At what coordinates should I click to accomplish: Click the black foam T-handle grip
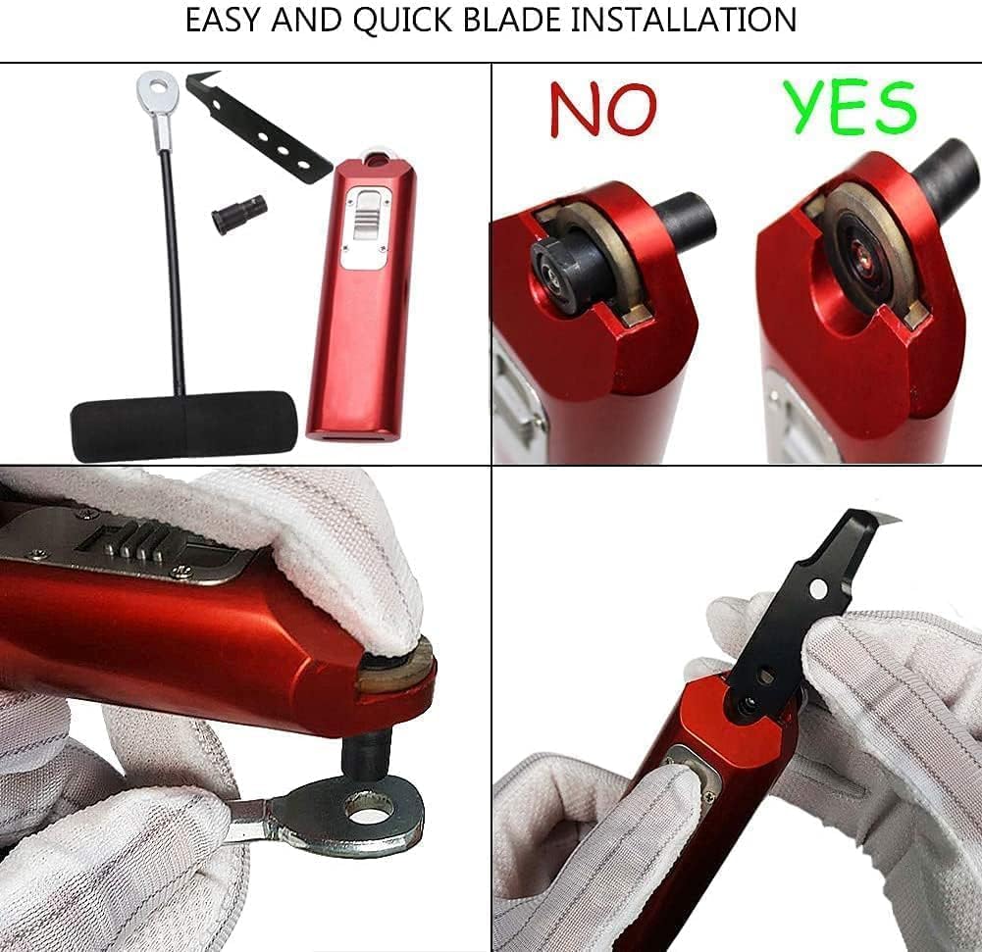point(182,425)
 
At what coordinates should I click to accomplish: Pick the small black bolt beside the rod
point(238,211)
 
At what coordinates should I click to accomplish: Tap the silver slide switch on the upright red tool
point(365,211)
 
